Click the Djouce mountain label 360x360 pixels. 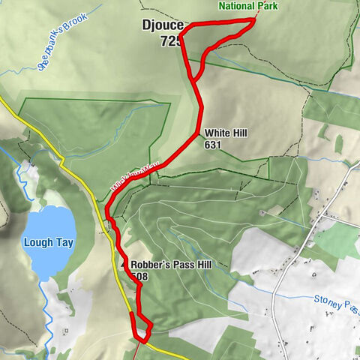[x=161, y=25]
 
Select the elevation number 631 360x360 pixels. [x=213, y=145]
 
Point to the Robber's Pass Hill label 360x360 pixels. [x=167, y=265]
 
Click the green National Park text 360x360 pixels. [x=248, y=6]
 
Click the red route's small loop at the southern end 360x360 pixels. [x=142, y=326]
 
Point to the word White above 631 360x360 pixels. [x=217, y=133]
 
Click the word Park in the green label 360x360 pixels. [x=266, y=6]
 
